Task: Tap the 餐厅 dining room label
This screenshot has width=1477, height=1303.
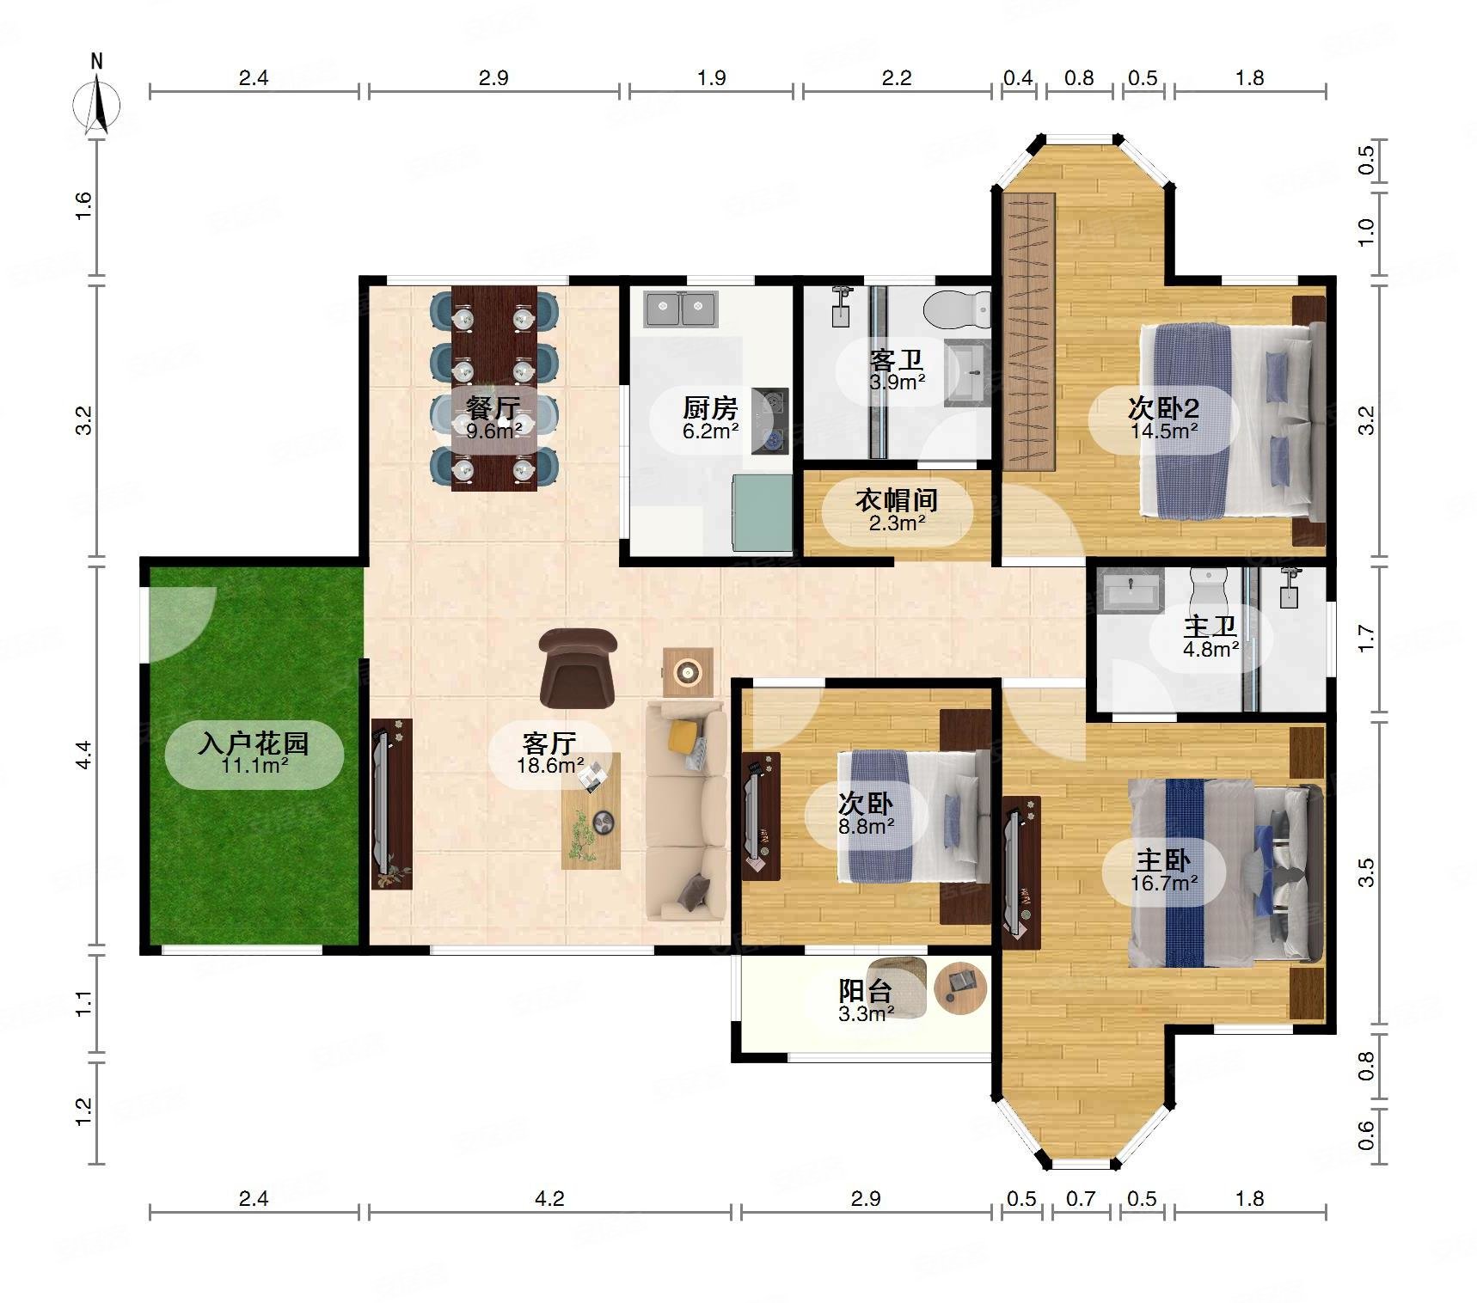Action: point(493,407)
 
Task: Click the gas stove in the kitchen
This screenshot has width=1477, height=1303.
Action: point(770,420)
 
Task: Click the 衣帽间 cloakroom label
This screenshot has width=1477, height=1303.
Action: point(897,499)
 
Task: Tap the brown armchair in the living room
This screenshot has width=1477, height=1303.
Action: point(578,668)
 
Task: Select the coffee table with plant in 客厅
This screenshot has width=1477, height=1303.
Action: point(591,811)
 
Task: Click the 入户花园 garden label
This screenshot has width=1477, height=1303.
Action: point(254,742)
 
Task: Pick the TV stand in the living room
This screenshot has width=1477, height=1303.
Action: point(392,804)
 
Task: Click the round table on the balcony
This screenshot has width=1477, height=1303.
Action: point(960,988)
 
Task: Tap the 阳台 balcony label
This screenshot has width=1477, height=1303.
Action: point(866,990)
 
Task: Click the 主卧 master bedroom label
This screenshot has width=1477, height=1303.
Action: point(1164,860)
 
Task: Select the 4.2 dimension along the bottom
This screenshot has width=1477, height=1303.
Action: point(549,1198)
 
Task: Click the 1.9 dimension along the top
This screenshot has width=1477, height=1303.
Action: point(711,78)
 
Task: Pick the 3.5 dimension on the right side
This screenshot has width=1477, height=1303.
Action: point(1366,872)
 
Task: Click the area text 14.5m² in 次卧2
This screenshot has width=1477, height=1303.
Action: point(1164,431)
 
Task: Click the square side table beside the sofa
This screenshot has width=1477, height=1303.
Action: point(688,672)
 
